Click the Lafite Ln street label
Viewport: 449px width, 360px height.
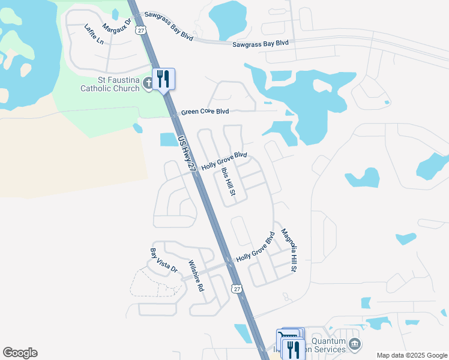click(x=94, y=34)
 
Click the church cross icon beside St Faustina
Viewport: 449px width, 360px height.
click(x=149, y=88)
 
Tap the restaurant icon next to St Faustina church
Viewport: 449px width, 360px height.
click(x=163, y=79)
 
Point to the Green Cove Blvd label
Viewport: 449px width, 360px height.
click(x=205, y=112)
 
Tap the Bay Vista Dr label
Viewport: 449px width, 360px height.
click(x=163, y=260)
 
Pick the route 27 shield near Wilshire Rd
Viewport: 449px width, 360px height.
click(x=238, y=289)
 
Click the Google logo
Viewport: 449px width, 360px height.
click(x=20, y=353)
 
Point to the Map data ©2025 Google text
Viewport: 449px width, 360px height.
click(x=411, y=355)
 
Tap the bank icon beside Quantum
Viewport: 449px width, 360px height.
click(x=355, y=343)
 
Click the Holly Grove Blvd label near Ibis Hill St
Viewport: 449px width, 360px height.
click(x=224, y=161)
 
